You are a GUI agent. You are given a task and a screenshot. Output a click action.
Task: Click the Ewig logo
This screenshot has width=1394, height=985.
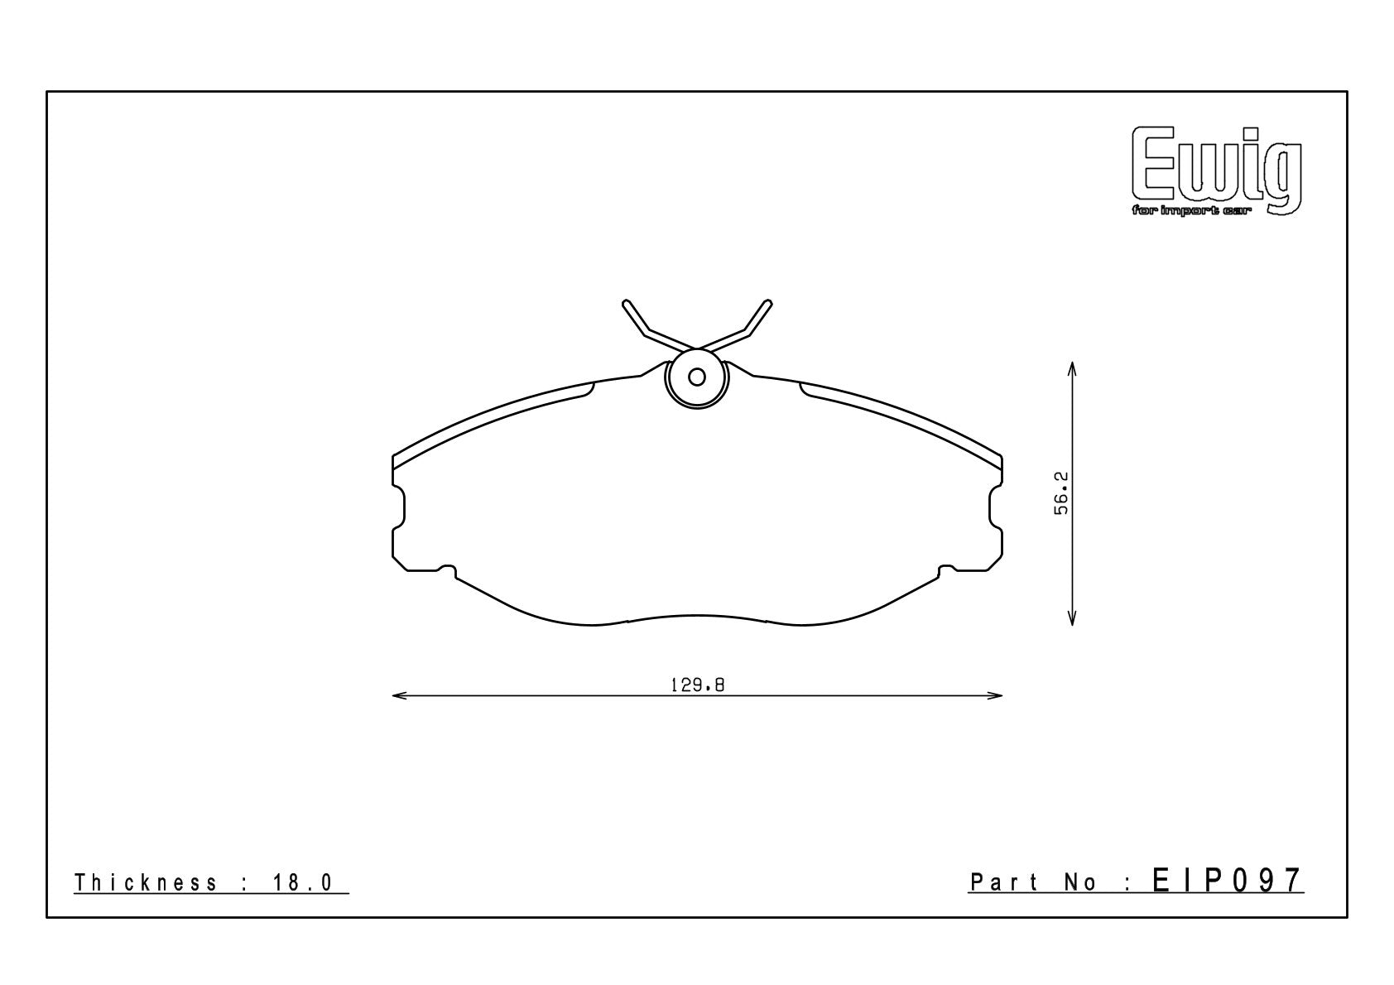click(x=1217, y=171)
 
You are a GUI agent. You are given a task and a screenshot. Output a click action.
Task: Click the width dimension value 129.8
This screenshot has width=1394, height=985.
click(x=697, y=685)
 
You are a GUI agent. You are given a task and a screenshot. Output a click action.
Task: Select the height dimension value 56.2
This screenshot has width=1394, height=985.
click(x=1061, y=493)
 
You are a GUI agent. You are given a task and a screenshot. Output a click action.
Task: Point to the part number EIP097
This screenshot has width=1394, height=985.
click(x=1228, y=881)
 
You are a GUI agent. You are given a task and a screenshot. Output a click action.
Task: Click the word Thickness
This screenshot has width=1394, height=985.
click(x=146, y=882)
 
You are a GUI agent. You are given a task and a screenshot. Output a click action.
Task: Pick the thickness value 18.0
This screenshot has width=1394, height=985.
click(x=303, y=882)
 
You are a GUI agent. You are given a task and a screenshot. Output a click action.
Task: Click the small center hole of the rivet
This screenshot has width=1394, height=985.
click(x=697, y=377)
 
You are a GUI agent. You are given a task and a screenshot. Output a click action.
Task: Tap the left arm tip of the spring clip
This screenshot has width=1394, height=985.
click(x=625, y=303)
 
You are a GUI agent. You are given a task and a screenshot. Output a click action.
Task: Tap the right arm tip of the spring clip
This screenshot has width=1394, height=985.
click(x=769, y=303)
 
